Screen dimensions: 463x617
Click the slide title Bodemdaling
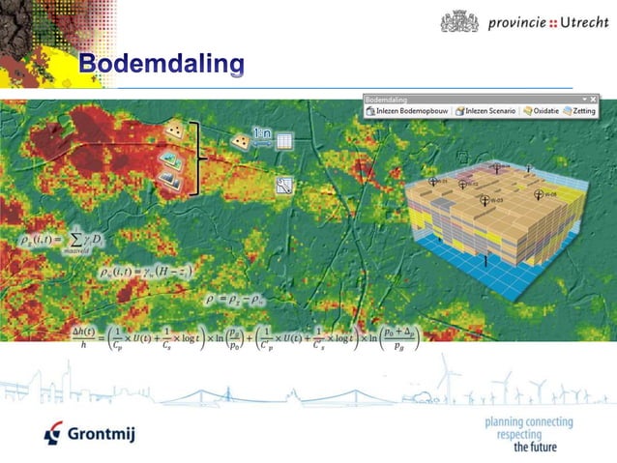[x=162, y=65]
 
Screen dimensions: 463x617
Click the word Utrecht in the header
[x=570, y=21]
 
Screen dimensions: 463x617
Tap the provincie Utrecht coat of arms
[x=458, y=21]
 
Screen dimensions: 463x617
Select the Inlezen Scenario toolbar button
[x=485, y=111]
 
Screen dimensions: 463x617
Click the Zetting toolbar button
[x=580, y=111]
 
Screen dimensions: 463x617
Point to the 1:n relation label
[x=262, y=133]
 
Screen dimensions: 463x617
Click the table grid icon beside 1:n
[x=285, y=141]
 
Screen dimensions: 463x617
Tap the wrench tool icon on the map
[x=284, y=187]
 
